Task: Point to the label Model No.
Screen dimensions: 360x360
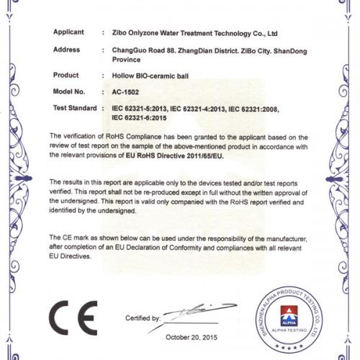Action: point(69,92)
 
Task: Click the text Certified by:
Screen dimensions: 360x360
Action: point(143,318)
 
